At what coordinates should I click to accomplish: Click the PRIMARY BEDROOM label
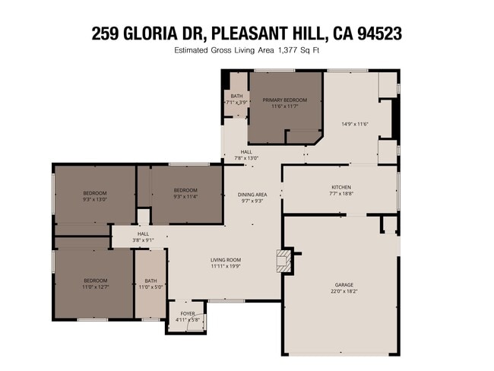coord(285,100)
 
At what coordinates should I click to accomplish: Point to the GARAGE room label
coord(342,284)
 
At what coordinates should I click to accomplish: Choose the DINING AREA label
coord(252,194)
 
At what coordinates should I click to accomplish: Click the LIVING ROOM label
coord(226,260)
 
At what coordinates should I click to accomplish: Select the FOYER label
coord(187,312)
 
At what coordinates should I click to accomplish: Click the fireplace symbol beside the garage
coord(283,260)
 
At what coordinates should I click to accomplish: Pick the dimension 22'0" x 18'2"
coord(342,290)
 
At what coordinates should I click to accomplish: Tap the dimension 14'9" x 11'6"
coord(355,124)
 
